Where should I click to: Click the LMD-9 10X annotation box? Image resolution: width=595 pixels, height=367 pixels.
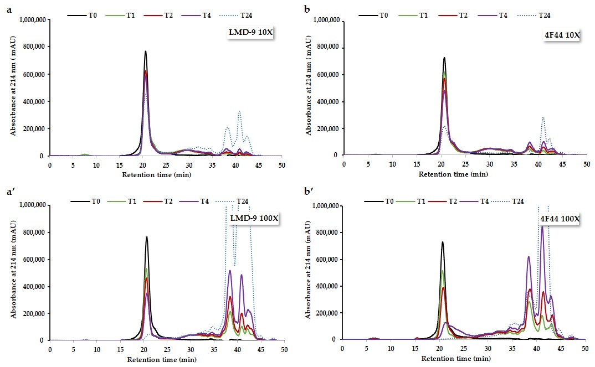coord(251,33)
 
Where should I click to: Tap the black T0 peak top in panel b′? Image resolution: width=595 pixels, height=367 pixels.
coord(442,242)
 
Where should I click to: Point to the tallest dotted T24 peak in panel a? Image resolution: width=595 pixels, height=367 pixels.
coord(239,111)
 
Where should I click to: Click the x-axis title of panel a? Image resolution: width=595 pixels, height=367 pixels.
coord(166,174)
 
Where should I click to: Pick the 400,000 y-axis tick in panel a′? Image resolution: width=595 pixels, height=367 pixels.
coord(33,286)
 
